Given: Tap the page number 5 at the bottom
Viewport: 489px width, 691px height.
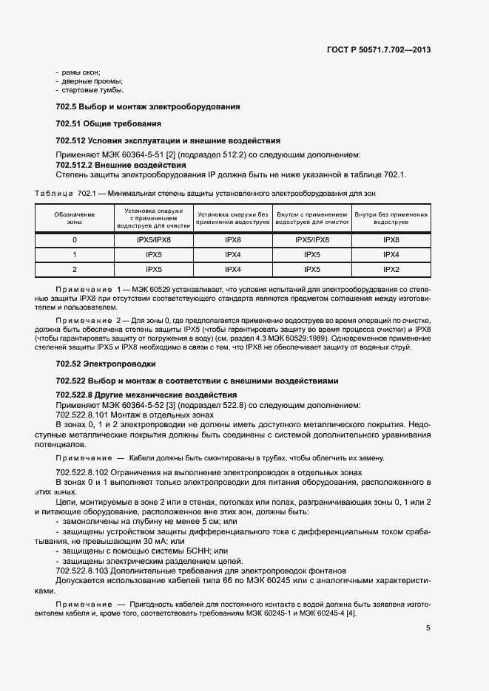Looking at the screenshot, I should click(x=428, y=628).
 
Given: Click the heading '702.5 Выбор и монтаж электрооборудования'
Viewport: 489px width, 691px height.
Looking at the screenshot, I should click(x=148, y=107).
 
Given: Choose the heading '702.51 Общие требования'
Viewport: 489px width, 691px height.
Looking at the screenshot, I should click(x=109, y=123).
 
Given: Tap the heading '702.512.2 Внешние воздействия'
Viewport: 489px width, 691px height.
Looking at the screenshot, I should click(x=121, y=165).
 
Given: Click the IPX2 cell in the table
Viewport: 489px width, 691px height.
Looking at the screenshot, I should click(x=391, y=270).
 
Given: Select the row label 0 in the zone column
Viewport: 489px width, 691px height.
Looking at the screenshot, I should click(x=74, y=240).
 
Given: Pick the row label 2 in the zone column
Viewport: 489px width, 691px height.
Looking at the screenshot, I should click(x=74, y=270).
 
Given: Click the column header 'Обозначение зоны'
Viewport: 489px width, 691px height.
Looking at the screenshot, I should click(x=74, y=218).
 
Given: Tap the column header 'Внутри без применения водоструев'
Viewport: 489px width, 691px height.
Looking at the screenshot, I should click(x=391, y=218).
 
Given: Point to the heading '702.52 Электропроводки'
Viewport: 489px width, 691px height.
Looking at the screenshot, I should click(x=104, y=364).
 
